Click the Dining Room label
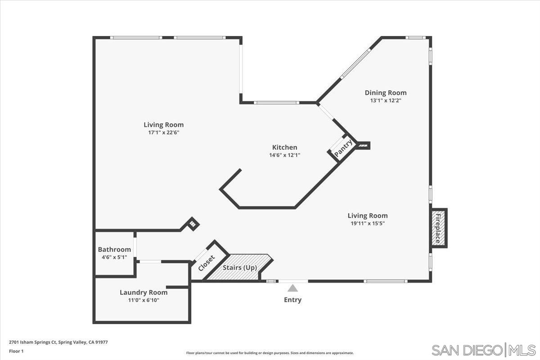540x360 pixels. pyautogui.click(x=385, y=93)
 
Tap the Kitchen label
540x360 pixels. pyautogui.click(x=284, y=147)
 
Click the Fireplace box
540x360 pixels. pyautogui.click(x=438, y=228)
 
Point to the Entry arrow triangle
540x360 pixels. pyautogui.click(x=293, y=288)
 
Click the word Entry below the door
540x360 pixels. pyautogui.click(x=292, y=300)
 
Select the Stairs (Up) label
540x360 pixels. pyautogui.click(x=240, y=268)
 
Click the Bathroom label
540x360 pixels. pyautogui.click(x=114, y=249)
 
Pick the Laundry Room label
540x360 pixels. pyautogui.click(x=143, y=292)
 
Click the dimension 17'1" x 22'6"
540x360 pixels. pyautogui.click(x=163, y=132)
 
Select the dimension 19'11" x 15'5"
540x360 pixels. pyautogui.click(x=367, y=223)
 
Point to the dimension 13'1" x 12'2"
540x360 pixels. pyautogui.click(x=385, y=100)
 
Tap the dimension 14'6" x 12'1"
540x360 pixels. pyautogui.click(x=284, y=155)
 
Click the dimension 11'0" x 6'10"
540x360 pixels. pyautogui.click(x=143, y=300)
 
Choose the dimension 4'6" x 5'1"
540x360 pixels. pyautogui.click(x=114, y=257)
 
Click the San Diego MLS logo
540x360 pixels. pyautogui.click(x=483, y=350)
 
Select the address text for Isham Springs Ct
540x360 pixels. pyautogui.click(x=58, y=342)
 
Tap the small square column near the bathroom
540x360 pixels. pyautogui.click(x=193, y=223)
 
